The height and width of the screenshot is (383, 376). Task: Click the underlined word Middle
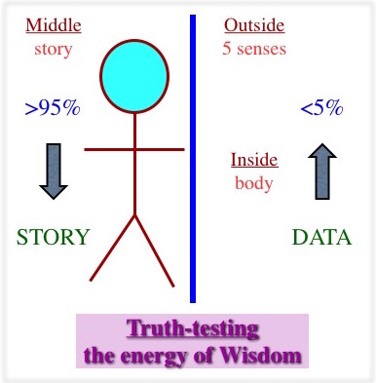point(54,25)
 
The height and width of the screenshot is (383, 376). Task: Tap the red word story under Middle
point(53,50)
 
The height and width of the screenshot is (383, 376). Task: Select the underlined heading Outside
point(254,25)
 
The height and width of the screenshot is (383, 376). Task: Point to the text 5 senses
point(254,49)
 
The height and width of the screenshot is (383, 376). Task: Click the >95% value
point(53,108)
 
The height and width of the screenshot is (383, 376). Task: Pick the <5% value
point(321,108)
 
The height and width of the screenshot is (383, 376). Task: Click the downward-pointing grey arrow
point(54,171)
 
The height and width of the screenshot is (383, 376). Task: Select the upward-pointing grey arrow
point(322,171)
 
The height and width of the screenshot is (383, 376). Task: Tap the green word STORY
point(53,237)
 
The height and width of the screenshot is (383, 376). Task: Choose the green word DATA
point(321,237)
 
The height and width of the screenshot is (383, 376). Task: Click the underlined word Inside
point(254,160)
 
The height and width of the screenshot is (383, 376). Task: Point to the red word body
point(254,183)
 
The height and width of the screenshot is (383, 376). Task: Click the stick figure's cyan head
point(134,76)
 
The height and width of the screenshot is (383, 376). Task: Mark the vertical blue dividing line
point(193,159)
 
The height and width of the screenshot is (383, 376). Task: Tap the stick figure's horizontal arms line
point(134,149)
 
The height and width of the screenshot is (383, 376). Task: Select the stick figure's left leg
point(112,248)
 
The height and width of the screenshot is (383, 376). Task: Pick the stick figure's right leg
point(155,250)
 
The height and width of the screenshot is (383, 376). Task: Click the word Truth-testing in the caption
point(193,329)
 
